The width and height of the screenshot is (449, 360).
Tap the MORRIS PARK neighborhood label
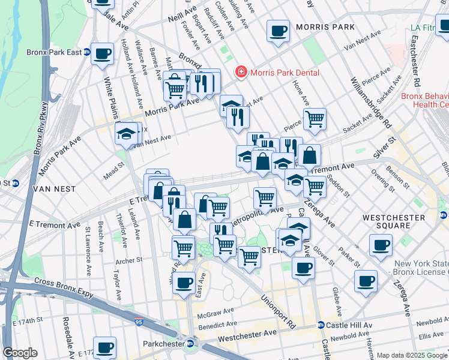325,28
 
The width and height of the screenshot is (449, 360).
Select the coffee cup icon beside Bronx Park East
103,53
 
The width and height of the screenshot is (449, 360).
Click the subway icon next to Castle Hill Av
321,325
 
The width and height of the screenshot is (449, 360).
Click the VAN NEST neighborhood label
54,188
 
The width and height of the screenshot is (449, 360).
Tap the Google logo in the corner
20,353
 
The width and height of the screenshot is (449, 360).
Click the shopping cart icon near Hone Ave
314,119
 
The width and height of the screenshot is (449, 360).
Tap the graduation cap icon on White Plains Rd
127,134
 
